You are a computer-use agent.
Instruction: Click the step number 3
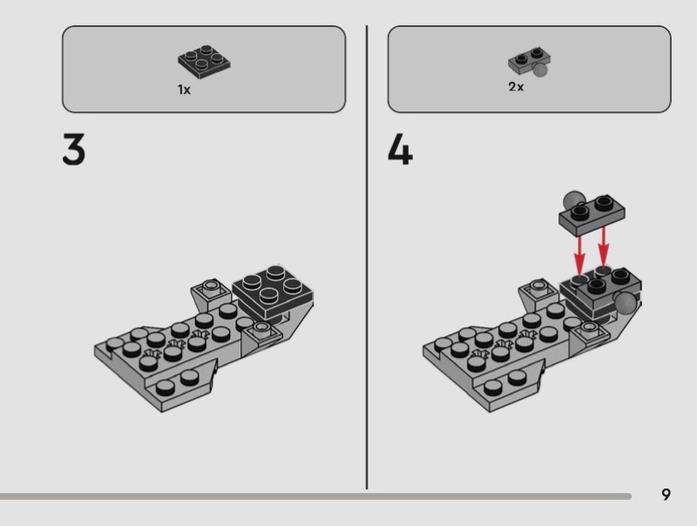[73, 149]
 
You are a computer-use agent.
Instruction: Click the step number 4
[400, 149]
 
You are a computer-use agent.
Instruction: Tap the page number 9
[666, 495]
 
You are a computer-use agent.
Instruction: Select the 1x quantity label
[184, 90]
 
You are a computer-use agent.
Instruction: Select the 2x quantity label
[516, 86]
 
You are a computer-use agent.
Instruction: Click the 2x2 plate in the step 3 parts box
[204, 62]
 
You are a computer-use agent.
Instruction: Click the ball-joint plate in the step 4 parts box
[530, 61]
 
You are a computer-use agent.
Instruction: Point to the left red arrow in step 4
[579, 255]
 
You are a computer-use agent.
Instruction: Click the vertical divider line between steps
[367, 257]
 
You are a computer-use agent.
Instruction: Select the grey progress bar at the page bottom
[315, 496]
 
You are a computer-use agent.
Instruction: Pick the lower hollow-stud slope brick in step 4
[590, 336]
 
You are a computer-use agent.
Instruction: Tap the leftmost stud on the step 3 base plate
[115, 343]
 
